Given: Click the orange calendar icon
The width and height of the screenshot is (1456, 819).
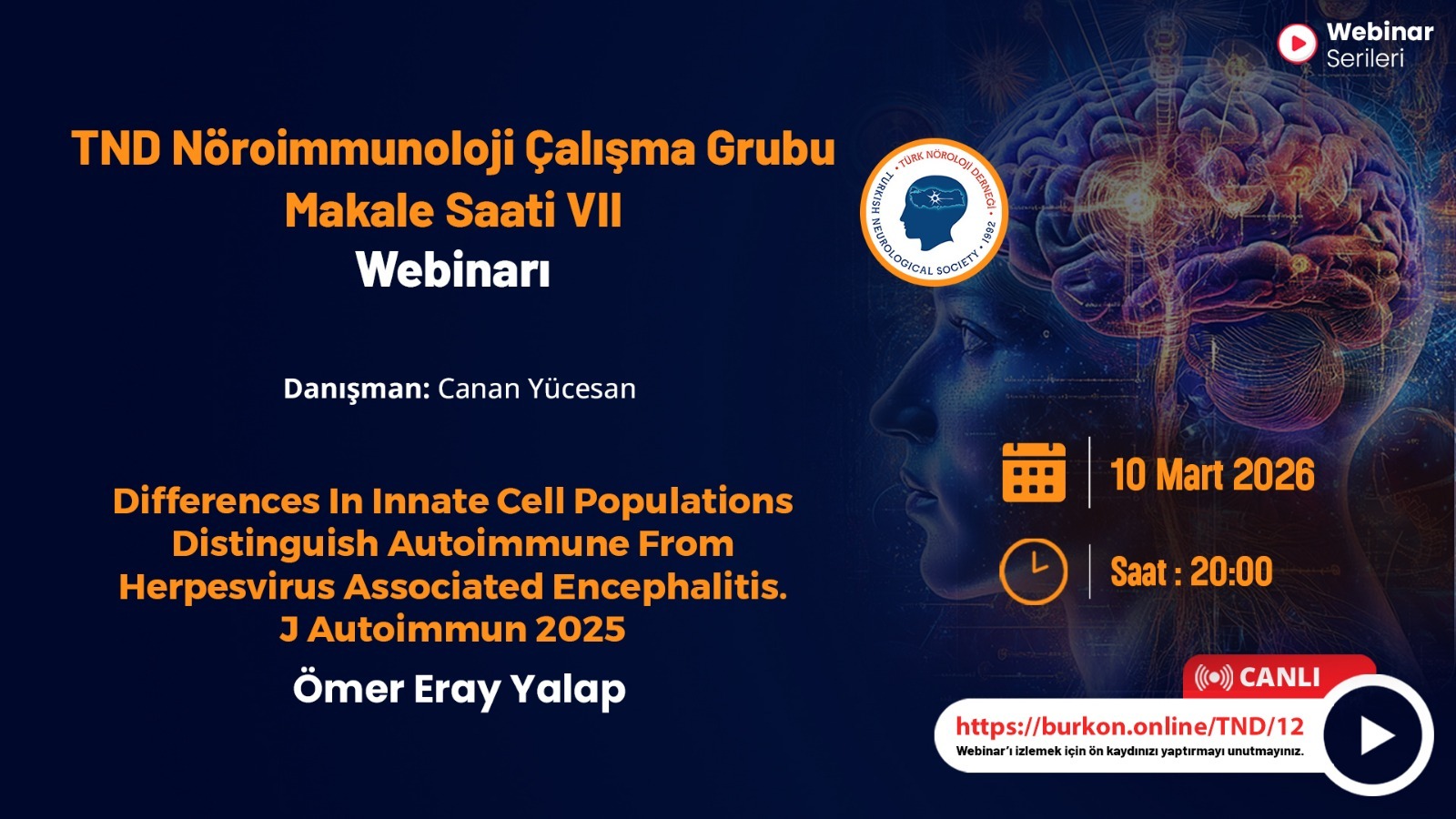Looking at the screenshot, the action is [x=1034, y=472].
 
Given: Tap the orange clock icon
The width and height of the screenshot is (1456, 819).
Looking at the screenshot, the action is [x=1033, y=572].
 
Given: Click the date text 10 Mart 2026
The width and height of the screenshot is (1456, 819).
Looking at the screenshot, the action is [x=1212, y=474].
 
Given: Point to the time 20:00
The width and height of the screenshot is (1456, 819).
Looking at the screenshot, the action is [x=1231, y=572].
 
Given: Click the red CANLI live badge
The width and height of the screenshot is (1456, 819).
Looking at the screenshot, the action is [x=1279, y=677].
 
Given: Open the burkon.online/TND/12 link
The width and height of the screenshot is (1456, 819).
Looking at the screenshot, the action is [x=1129, y=726].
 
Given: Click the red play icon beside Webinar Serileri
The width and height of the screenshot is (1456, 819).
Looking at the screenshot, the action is [x=1298, y=44].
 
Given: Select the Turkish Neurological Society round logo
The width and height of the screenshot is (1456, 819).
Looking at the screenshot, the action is [x=934, y=213].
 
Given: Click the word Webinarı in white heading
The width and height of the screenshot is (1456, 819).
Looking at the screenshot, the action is [x=453, y=269].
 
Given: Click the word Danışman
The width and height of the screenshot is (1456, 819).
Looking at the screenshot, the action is [x=356, y=389].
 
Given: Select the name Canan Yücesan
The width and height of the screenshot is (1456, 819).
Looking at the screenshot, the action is [x=537, y=389].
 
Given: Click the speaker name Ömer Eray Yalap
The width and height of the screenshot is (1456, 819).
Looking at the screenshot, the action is [x=459, y=689].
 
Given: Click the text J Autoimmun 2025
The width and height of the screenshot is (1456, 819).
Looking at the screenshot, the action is [x=452, y=629].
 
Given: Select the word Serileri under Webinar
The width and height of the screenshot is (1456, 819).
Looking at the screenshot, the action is [x=1365, y=58].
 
